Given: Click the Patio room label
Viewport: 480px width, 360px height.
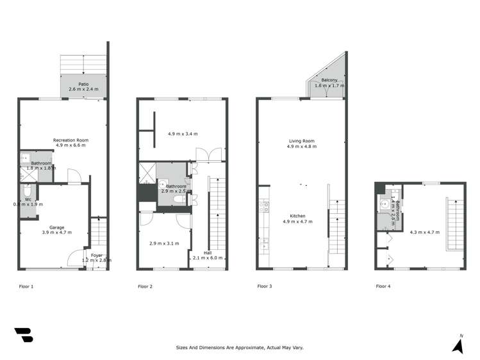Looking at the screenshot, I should pos(84,84).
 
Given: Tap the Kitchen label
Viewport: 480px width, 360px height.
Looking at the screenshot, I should pos(298,217).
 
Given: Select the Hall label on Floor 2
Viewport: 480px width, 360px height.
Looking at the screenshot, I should pos(208,253).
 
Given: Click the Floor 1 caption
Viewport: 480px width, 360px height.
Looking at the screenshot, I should pos(26,286).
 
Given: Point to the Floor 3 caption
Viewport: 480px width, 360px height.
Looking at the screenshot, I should pos(265,286).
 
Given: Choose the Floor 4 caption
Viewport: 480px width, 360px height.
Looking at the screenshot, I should pos(383,286).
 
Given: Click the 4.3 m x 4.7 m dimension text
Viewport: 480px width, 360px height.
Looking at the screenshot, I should pos(425,232).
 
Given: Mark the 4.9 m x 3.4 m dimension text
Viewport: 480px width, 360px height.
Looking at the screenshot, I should pos(183,134).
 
